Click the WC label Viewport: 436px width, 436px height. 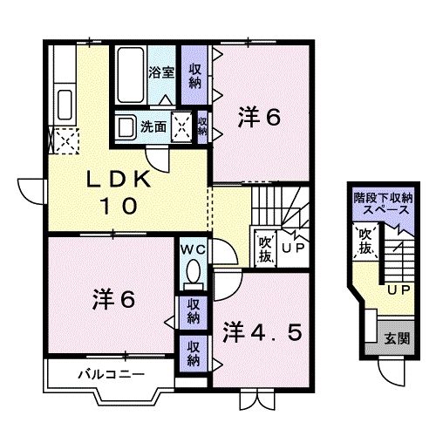(x=192, y=250)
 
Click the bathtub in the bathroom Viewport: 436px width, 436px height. (x=131, y=77)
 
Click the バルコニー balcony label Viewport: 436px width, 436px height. (x=102, y=375)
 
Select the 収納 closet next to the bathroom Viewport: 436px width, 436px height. (x=194, y=77)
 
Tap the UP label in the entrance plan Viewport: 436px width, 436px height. (x=399, y=289)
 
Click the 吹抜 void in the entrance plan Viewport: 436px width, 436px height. (x=366, y=243)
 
